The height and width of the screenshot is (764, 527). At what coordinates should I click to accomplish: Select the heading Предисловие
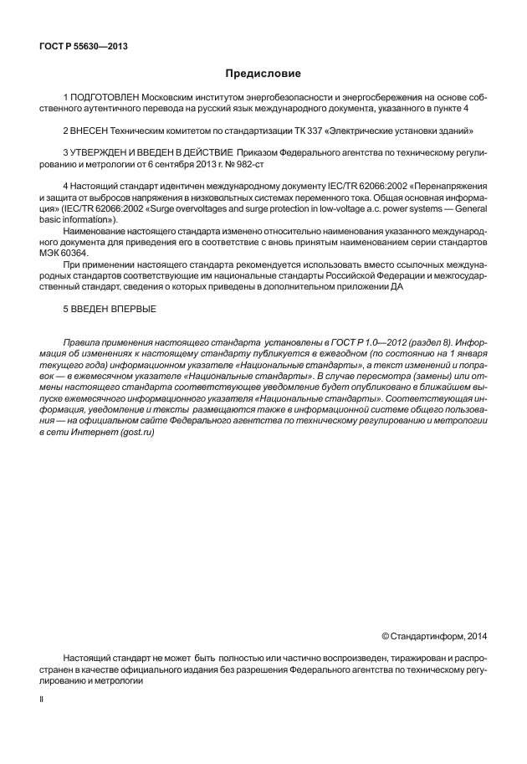[263, 74]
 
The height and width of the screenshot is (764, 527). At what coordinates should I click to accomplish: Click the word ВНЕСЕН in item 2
[93, 131]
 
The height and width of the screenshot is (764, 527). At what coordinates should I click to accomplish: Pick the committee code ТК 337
[302, 131]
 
